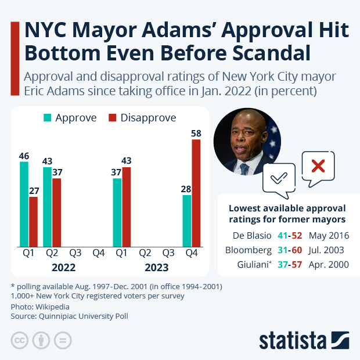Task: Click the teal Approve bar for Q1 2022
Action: point(24,204)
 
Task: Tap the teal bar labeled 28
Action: point(187,221)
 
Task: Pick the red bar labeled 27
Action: point(33,222)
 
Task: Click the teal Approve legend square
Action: point(48,118)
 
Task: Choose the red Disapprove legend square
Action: point(113,118)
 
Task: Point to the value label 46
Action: point(24,156)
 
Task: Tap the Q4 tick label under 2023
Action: point(192,253)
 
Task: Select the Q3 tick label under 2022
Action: point(75,253)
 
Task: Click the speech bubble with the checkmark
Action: point(279,177)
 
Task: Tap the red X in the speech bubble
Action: point(318,167)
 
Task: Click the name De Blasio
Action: point(251,236)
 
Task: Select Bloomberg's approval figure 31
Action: point(283,250)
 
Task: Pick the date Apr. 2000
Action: point(329,265)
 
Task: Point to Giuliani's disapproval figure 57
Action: point(297,265)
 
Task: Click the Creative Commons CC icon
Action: point(20,340)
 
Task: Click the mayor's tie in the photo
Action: point(244,168)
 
